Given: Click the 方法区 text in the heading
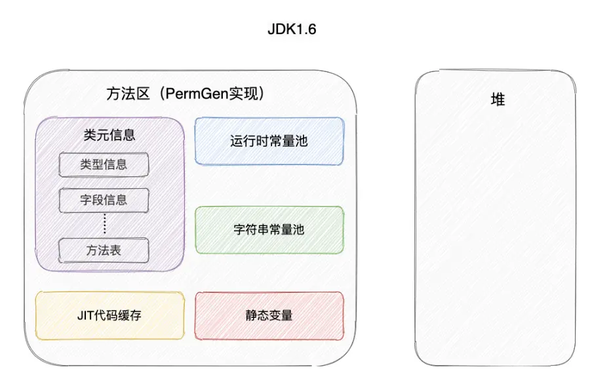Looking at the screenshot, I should pos(125,94).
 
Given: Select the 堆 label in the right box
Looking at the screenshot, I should pos(498,100).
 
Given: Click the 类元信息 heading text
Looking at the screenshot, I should pos(109,135).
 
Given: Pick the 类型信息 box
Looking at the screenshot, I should pos(104,164).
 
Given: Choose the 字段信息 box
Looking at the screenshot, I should pos(104,199).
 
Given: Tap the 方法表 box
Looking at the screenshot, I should pos(104,250).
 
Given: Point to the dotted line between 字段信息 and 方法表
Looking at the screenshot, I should pos(104,224).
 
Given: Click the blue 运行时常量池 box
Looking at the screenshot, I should pos(269,140).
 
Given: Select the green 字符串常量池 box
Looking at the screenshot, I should pos(269,230).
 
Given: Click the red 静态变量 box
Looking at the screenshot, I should pos(269,316).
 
